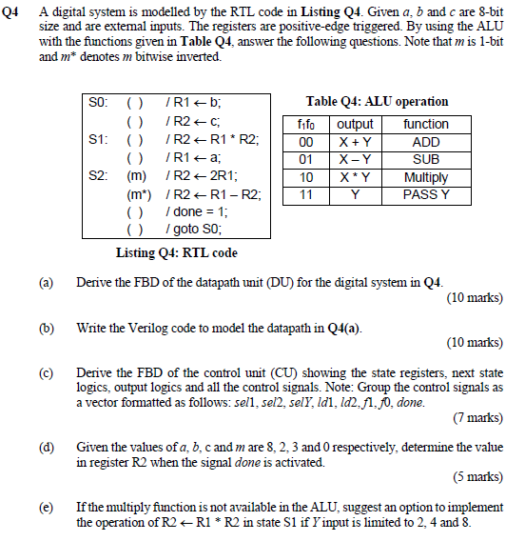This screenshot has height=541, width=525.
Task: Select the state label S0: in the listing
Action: (x=99, y=102)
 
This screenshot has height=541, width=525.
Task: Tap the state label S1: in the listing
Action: (x=99, y=139)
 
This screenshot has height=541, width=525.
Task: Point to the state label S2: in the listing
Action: (x=99, y=175)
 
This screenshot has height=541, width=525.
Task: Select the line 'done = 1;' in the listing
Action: (x=195, y=211)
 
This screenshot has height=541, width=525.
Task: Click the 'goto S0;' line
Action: (x=193, y=230)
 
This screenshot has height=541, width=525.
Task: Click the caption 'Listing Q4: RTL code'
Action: (x=177, y=252)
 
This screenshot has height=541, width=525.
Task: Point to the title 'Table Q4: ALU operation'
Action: (x=377, y=102)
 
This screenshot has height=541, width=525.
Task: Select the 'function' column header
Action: (x=426, y=125)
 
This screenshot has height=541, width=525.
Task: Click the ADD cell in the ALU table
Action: (x=426, y=142)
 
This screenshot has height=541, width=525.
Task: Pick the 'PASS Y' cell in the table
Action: (x=426, y=193)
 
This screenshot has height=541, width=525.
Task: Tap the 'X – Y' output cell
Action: (x=355, y=159)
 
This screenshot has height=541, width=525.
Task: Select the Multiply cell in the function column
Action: (x=426, y=176)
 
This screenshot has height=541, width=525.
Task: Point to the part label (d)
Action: (x=46, y=446)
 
